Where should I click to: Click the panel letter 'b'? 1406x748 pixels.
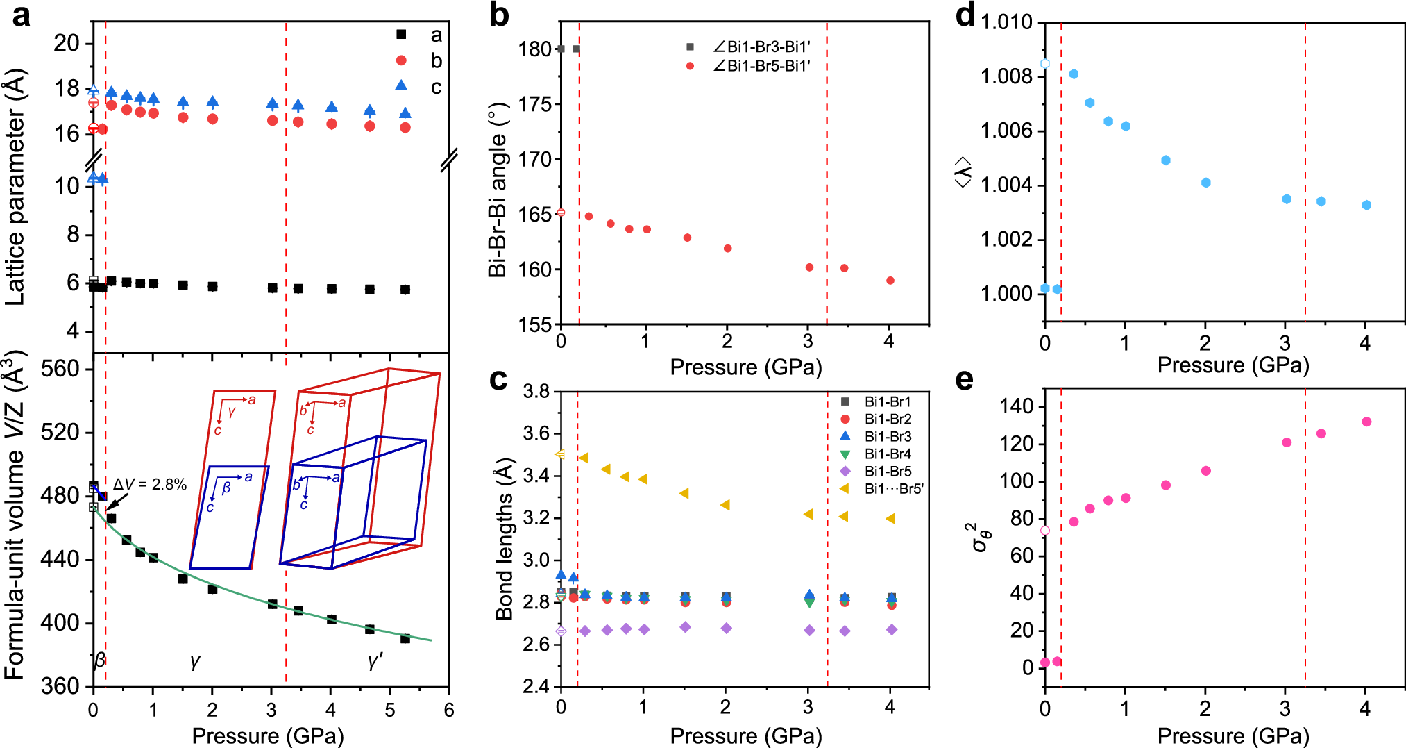coord(498,15)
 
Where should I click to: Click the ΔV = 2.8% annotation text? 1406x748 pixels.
coord(150,485)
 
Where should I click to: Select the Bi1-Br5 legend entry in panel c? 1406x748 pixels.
coord(887,472)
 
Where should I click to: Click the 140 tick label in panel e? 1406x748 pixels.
coord(1017,406)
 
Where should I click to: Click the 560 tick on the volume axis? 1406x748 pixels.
coord(60,369)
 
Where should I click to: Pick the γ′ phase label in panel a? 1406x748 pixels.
coord(375,660)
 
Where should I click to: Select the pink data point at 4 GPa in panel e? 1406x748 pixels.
coord(1366,422)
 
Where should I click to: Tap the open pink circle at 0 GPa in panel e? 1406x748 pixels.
coord(1045,531)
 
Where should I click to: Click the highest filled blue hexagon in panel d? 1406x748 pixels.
coord(1074,74)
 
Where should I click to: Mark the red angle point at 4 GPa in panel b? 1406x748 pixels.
coord(890,281)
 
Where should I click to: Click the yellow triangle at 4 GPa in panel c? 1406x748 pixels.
coord(890,519)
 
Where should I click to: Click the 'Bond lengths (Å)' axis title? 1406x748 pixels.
coord(504,539)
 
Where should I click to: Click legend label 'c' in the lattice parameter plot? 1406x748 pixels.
coord(436,87)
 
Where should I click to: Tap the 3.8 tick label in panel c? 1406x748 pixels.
coord(536,392)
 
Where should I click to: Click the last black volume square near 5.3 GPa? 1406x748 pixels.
coord(405,638)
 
